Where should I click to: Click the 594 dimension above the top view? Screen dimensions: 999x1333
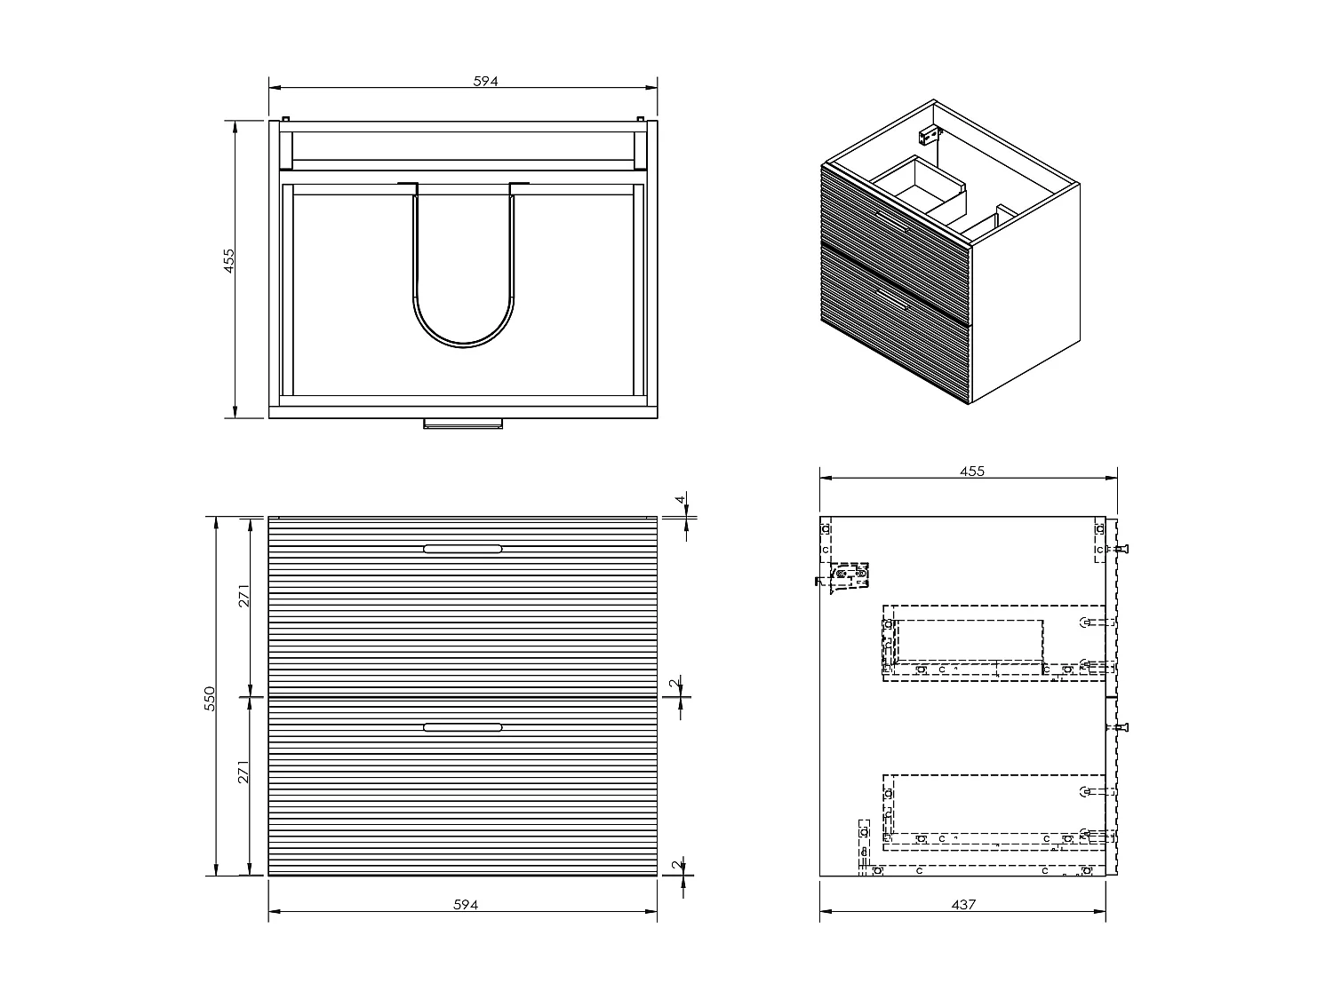click(x=485, y=81)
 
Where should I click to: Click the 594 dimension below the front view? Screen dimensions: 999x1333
click(x=466, y=904)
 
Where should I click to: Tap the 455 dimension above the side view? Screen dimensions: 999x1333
click(x=972, y=472)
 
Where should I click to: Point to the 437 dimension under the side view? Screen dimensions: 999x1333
click(x=963, y=904)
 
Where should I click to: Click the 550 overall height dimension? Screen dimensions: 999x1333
click(x=209, y=696)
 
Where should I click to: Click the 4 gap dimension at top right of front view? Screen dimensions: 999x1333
click(x=682, y=501)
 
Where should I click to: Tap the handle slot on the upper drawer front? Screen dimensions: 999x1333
click(x=463, y=549)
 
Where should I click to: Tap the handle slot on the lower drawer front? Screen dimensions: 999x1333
click(x=463, y=727)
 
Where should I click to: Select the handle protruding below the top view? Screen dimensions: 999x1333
click(x=463, y=423)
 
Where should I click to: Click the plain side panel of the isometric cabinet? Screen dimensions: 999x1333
click(x=1026, y=293)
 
